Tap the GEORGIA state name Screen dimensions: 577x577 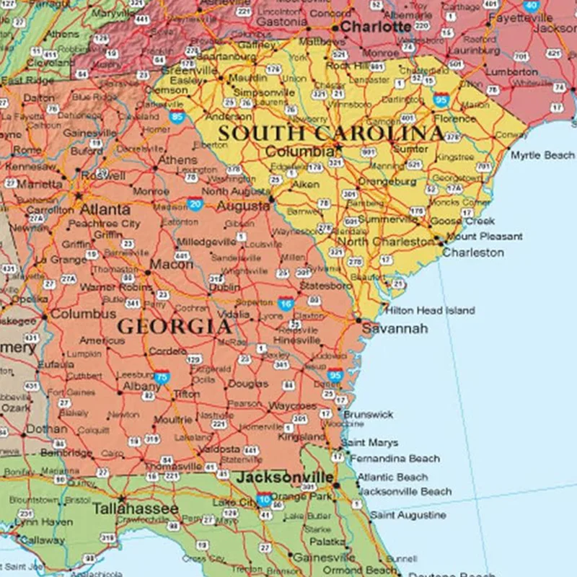tap(175, 326)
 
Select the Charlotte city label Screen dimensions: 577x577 tap(376, 27)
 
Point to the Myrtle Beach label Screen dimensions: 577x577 tap(542, 155)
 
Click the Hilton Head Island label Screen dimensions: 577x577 tap(431, 310)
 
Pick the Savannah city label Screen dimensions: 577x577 tap(395, 329)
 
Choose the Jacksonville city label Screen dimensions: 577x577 tap(286, 477)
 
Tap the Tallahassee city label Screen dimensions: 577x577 tap(135, 509)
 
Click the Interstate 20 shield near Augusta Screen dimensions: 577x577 tap(195, 204)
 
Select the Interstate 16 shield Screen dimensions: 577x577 tap(286, 304)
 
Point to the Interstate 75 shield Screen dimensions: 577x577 tap(162, 377)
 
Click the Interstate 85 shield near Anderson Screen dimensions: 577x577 tap(177, 117)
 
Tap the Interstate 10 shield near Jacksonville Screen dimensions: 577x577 tap(265, 498)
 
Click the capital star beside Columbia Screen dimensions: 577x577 tap(339, 149)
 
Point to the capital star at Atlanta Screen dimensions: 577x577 tap(79, 195)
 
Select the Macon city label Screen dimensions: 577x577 tap(172, 265)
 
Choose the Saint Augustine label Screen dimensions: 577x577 tap(408, 516)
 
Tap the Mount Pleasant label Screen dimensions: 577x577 tap(484, 237)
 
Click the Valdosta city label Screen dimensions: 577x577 tap(219, 449)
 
